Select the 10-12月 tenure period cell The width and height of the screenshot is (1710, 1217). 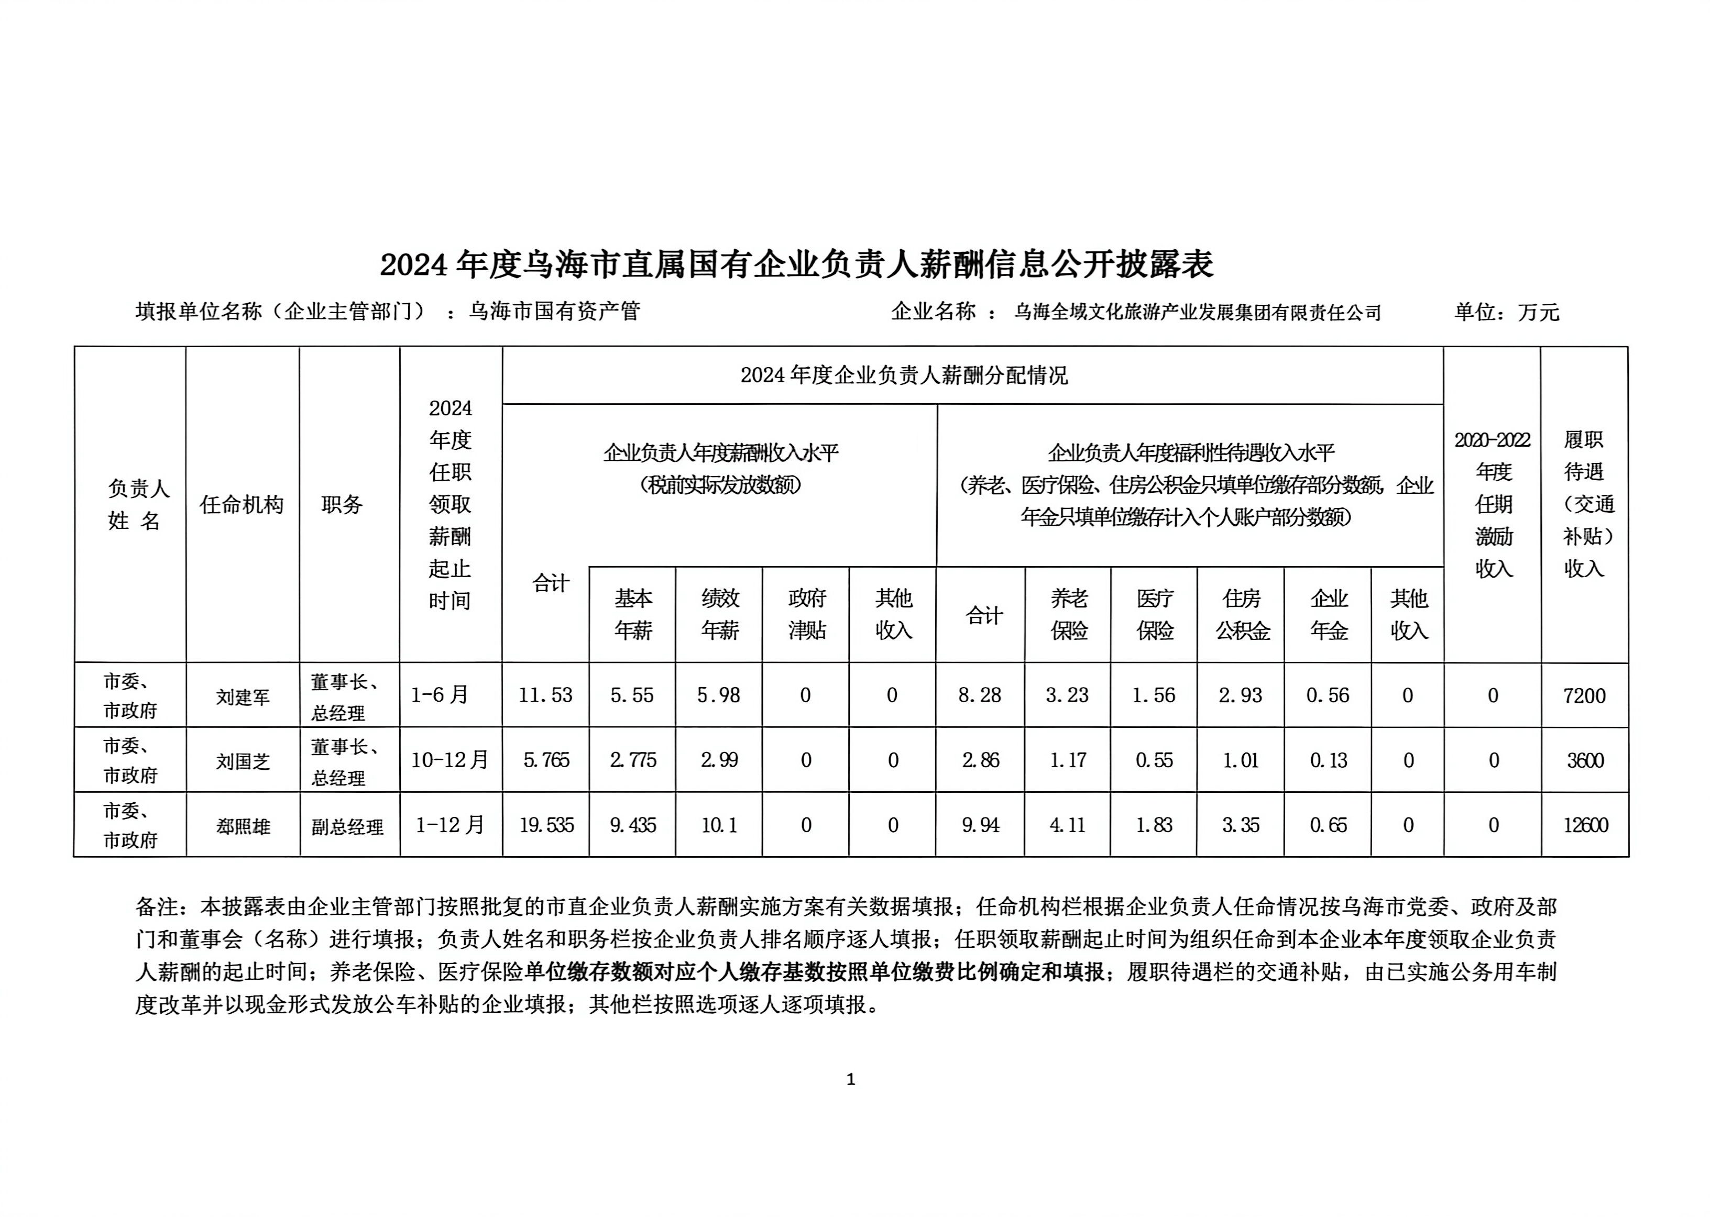tap(450, 760)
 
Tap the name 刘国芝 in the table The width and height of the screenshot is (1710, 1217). tap(243, 762)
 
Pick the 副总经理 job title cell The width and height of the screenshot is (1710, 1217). tap(348, 826)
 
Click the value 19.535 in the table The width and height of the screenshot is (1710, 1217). tap(546, 825)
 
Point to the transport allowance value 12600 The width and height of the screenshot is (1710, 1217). tap(1585, 825)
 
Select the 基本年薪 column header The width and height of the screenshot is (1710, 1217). tap(633, 614)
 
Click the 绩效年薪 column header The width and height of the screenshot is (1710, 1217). tap(720, 614)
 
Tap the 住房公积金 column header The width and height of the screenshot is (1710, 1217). tap(1242, 614)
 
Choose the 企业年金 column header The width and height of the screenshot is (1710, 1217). tap(1329, 614)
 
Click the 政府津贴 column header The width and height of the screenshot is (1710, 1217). tap(807, 614)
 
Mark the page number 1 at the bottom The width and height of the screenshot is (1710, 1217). tap(851, 1080)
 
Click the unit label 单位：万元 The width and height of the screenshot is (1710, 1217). tap(1507, 312)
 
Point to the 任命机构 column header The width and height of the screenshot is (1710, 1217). tap(242, 504)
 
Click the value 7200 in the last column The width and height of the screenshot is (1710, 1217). tap(1584, 695)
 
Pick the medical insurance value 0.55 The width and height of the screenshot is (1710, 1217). tap(1154, 760)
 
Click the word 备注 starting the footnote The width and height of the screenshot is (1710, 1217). tap(157, 908)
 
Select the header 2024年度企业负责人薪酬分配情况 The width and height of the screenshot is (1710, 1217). tap(904, 375)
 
